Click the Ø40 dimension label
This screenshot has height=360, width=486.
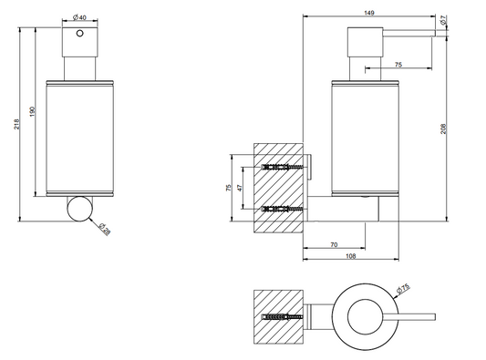coord(79,17)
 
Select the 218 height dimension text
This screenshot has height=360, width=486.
coord(16,124)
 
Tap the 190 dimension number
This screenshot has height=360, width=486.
coord(33,112)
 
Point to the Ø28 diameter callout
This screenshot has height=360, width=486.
coord(105,229)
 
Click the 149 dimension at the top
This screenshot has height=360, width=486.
coord(369,13)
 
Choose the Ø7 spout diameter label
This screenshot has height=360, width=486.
coord(443,20)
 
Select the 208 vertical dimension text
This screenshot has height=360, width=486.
coord(443,129)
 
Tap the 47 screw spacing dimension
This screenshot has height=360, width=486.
coord(240,188)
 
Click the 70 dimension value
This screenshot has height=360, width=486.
coord(334,245)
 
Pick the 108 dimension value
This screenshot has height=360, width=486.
coord(350,256)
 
